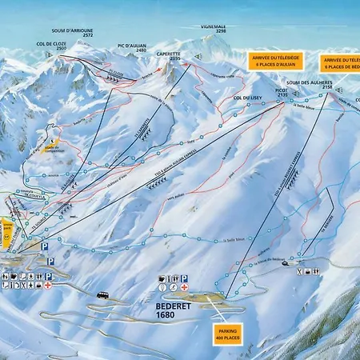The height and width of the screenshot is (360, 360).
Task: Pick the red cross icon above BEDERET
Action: point(185,286)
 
